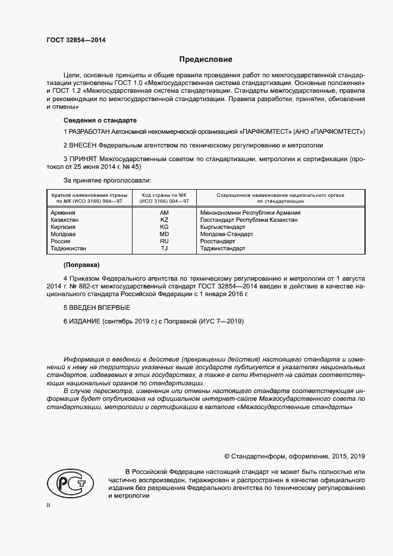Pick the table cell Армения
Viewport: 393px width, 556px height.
[x=63, y=212]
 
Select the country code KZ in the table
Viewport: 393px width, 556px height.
[x=164, y=220]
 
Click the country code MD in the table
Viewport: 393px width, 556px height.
[x=164, y=234]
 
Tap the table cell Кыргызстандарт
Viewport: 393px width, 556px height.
[x=223, y=227]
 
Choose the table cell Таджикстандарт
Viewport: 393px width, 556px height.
[x=223, y=249]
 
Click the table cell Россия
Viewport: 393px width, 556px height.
[x=61, y=241]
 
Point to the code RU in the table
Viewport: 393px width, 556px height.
[x=164, y=241]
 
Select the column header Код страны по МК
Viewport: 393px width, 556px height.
[x=164, y=194]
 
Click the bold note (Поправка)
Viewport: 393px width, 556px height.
[x=81, y=264]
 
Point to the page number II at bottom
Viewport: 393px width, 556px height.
[x=49, y=505]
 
